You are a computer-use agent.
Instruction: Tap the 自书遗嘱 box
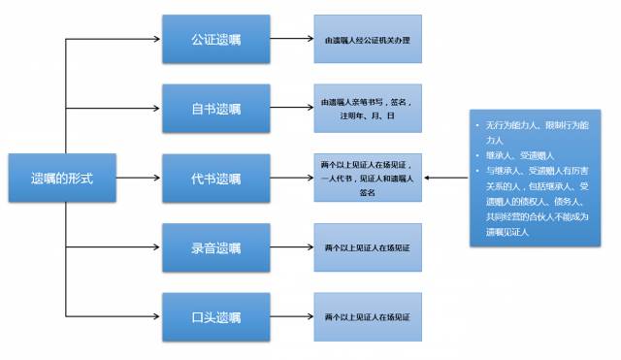click(215, 109)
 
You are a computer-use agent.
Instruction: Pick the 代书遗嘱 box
click(215, 179)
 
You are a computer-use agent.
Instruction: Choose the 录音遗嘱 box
click(215, 247)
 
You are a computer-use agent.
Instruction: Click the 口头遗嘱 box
click(215, 316)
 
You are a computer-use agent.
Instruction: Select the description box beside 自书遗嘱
click(367, 109)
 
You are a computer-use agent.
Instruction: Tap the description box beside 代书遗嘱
click(367, 179)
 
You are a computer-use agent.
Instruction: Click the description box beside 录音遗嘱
click(367, 247)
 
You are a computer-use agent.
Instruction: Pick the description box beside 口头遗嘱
click(367, 316)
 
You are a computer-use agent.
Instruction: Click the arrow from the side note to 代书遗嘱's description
click(445, 179)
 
